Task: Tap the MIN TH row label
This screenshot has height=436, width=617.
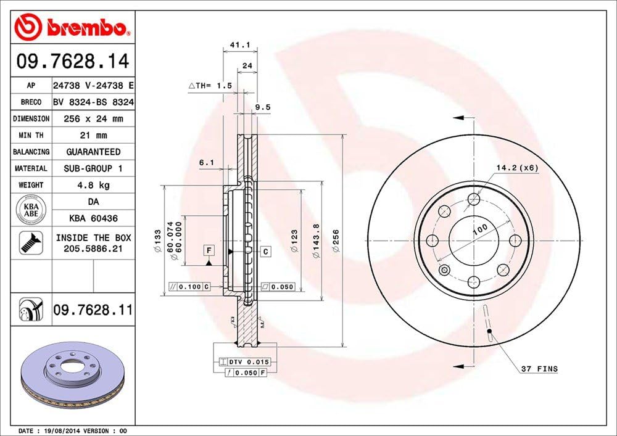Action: (30, 135)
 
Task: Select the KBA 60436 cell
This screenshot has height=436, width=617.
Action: (93, 218)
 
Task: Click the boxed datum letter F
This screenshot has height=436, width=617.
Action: (209, 250)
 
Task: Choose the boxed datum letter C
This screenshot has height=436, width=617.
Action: (266, 251)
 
